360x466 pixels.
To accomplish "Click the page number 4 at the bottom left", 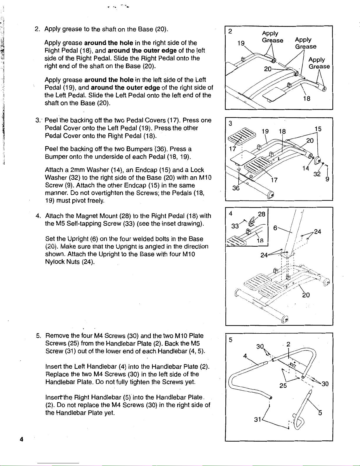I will [x=21, y=439].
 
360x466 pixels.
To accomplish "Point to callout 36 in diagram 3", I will [x=236, y=188].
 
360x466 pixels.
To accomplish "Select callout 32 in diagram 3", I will [x=317, y=174].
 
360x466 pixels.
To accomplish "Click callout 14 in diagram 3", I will [x=306, y=168].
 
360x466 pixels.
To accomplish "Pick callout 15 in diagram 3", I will [x=318, y=129].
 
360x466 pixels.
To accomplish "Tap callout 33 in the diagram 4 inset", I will [x=235, y=226].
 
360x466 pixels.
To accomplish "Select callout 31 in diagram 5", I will [x=258, y=419].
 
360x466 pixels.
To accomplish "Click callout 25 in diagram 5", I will [x=283, y=385].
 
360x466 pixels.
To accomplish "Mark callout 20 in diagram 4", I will [x=306, y=295].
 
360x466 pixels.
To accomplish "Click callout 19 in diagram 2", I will [x=241, y=44].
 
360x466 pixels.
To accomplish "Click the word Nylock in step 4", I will [x=55, y=262].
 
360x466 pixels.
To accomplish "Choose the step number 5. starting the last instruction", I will [x=38, y=336].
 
